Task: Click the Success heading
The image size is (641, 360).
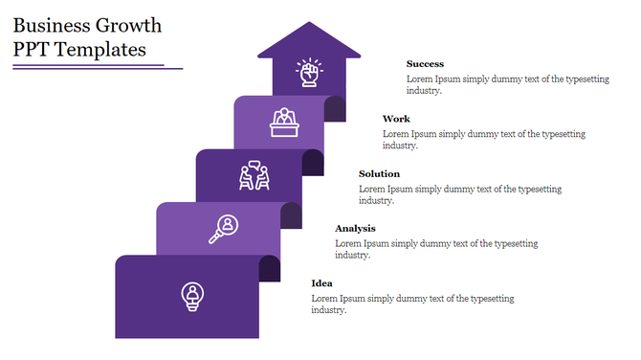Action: [x=425, y=64]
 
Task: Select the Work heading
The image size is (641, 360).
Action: [x=396, y=119]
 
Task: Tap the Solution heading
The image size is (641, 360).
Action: [x=379, y=173]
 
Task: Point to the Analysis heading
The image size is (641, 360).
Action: [x=355, y=228]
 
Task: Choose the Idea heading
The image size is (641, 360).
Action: [x=321, y=283]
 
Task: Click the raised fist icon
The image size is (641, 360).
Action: [x=308, y=73]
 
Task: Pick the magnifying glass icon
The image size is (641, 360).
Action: [x=223, y=230]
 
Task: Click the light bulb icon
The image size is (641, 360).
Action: [x=193, y=296]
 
